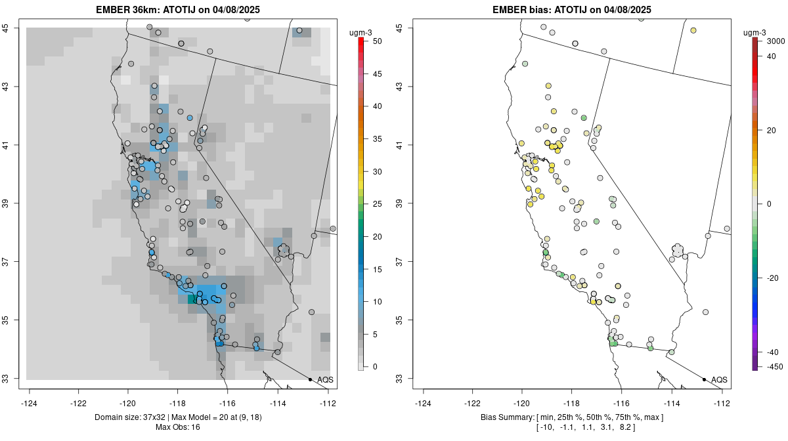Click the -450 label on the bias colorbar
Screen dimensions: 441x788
click(774, 366)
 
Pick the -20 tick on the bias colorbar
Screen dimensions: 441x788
click(773, 278)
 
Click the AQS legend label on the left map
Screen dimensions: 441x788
click(325, 379)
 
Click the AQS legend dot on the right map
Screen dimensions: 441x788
click(704, 379)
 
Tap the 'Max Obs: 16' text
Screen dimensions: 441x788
click(177, 427)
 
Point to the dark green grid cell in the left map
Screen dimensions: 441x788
click(192, 299)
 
